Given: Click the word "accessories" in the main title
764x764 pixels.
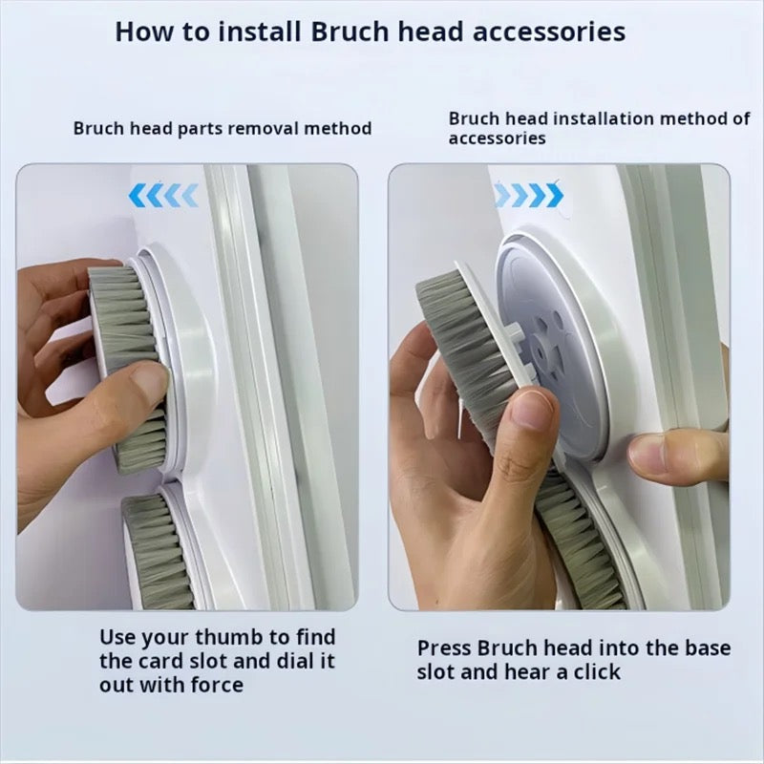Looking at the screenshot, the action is coord(549,32).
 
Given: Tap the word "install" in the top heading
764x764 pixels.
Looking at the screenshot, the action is coord(259,32).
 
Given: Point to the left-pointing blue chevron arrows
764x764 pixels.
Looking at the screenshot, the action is coord(163,196).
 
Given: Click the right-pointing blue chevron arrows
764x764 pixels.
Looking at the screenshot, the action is coord(529,195).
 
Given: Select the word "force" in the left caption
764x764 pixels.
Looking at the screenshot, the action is coord(217,685).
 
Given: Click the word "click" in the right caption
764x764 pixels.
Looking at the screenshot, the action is coord(597,672).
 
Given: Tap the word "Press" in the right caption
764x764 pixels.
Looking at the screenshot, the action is coord(444,648).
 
